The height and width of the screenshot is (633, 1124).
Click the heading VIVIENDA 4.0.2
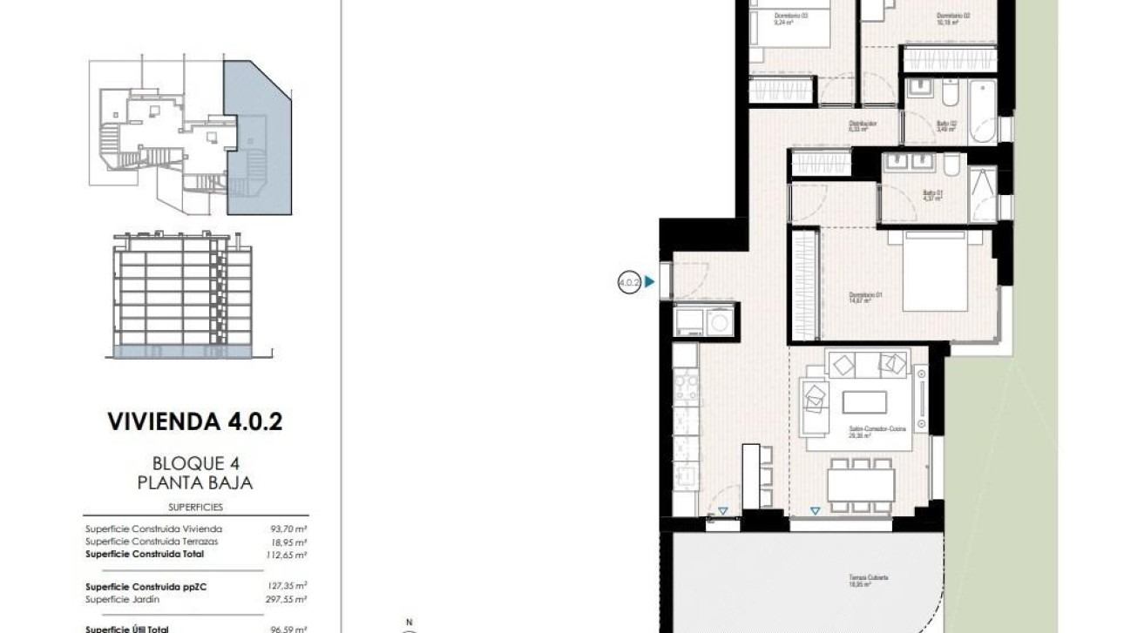(194, 422)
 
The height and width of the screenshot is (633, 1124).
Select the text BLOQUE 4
(194, 463)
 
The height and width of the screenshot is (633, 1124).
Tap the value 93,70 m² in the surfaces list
(291, 529)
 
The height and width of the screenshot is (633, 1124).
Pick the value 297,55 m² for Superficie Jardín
(289, 599)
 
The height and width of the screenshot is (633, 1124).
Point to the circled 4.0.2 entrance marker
(629, 282)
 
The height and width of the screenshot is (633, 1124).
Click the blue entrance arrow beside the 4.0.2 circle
(649, 282)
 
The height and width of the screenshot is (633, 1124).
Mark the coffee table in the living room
(864, 402)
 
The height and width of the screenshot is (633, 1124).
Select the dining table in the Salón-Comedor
(861, 480)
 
